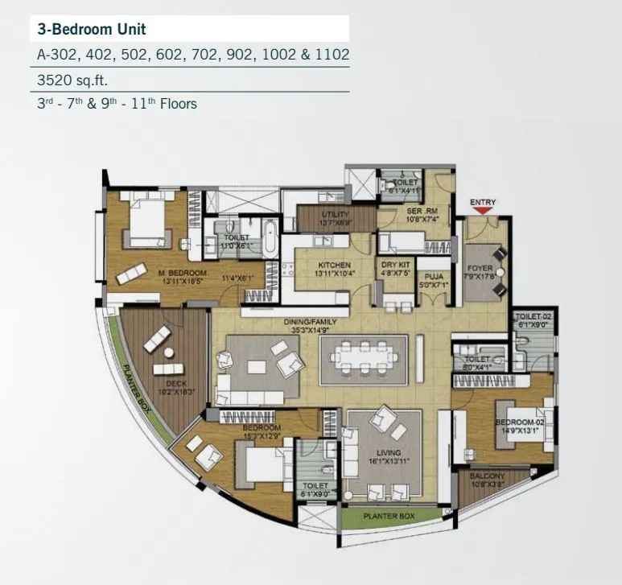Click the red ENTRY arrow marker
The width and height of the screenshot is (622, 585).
click(x=484, y=211)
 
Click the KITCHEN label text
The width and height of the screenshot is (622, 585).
click(x=334, y=265)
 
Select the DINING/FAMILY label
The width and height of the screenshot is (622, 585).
click(x=310, y=323)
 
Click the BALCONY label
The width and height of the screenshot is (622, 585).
click(x=488, y=476)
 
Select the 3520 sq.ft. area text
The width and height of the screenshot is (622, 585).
click(x=72, y=80)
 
